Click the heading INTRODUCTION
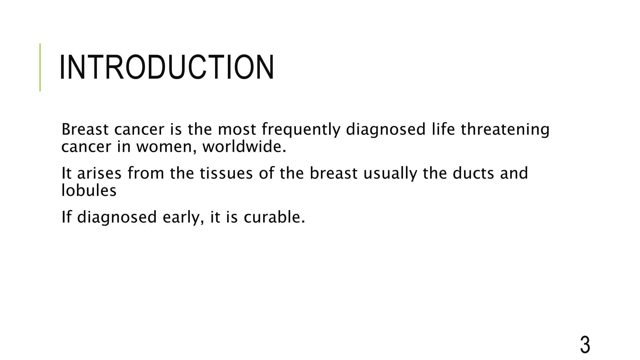[167, 67]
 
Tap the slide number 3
[585, 345]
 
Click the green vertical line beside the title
[40, 67]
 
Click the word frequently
[301, 130]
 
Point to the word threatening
[505, 130]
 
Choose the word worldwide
[244, 147]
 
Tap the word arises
[99, 173]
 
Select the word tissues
[226, 173]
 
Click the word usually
[390, 174]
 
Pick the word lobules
[89, 190]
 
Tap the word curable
[274, 217]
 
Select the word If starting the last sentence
[66, 217]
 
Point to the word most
[237, 130]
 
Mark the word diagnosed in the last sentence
[117, 217]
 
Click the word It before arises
[66, 173]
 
